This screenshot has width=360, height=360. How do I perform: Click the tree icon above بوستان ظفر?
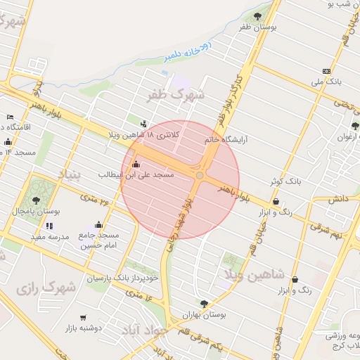pyautogui.click(x=258, y=15)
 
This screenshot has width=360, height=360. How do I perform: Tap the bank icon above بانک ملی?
pyautogui.click(x=326, y=71)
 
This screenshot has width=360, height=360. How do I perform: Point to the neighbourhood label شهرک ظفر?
pyautogui.click(x=176, y=93)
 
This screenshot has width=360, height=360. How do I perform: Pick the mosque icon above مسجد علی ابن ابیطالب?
pyautogui.click(x=136, y=164)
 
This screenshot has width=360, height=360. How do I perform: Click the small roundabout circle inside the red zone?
pyautogui.click(x=200, y=175)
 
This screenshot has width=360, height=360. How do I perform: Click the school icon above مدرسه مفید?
pyautogui.click(x=49, y=226)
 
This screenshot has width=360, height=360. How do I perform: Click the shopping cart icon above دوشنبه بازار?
pyautogui.click(x=84, y=318)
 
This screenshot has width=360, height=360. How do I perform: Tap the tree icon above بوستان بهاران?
pyautogui.click(x=204, y=304)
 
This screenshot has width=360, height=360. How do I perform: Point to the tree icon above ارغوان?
pyautogui.click(x=355, y=127)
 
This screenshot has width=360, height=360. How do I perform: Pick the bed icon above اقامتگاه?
pyautogui.click(x=10, y=117)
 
